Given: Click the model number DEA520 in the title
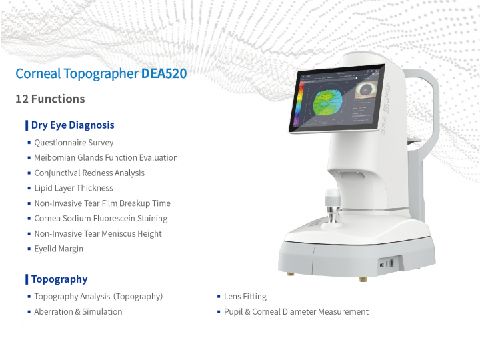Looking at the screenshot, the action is [x=164, y=73].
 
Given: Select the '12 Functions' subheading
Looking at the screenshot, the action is [x=50, y=99].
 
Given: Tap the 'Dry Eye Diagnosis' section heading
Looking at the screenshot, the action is [x=73, y=125].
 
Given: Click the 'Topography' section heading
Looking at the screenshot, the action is [x=59, y=279].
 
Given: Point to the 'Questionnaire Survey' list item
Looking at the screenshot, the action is [x=74, y=143].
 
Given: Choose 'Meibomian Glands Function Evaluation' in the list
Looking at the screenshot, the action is [x=106, y=157].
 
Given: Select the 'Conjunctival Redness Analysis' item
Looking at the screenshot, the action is [x=89, y=173].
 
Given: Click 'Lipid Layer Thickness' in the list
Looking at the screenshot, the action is [x=73, y=188].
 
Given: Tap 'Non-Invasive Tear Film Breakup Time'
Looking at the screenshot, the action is [x=102, y=203].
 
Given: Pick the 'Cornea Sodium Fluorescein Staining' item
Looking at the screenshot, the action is [x=101, y=218].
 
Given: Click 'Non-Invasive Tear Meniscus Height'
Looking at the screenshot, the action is [x=98, y=233].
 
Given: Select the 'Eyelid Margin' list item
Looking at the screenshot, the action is [x=59, y=249].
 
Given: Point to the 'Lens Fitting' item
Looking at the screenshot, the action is [x=245, y=296].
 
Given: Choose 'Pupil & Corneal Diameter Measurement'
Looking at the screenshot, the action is [x=296, y=311].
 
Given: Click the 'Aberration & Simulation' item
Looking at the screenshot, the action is [x=78, y=311].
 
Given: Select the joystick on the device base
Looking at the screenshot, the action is [x=333, y=206].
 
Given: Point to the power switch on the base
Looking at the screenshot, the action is [x=387, y=264].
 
